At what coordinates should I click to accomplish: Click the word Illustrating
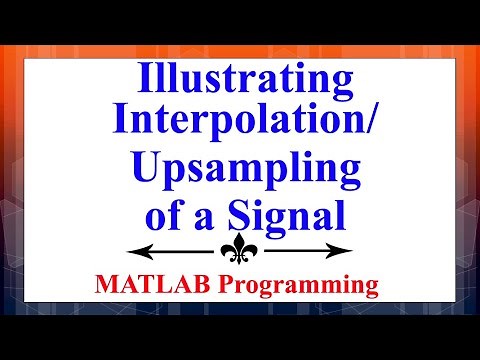point(240,79)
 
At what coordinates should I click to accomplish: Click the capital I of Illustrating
point(141,77)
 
